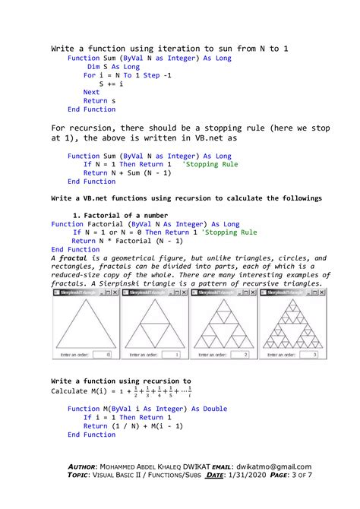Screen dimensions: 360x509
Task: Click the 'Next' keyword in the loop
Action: pyautogui.click(x=91, y=92)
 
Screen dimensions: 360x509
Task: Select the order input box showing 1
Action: pyautogui.click(x=176, y=355)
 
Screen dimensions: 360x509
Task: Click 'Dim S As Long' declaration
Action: pyautogui.click(x=113, y=67)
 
